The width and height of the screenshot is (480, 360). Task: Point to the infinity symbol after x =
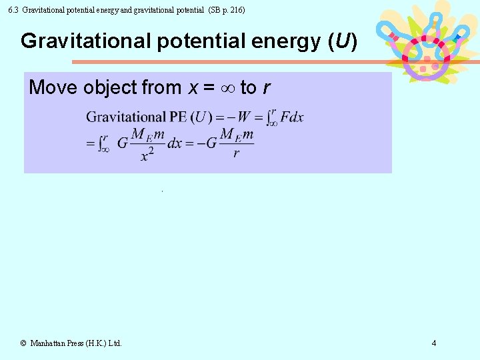(x=227, y=87)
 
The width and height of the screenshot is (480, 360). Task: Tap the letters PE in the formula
(x=178, y=118)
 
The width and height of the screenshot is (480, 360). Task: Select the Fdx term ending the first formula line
(x=292, y=118)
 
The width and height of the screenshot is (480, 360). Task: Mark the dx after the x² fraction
(x=175, y=143)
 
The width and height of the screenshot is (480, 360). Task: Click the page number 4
(x=434, y=343)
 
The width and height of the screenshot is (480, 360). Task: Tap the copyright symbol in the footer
(x=23, y=343)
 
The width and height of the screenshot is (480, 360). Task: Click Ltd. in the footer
(x=114, y=343)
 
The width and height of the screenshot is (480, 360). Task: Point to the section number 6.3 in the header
(x=12, y=10)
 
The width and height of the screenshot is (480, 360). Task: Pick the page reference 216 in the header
(x=235, y=10)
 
